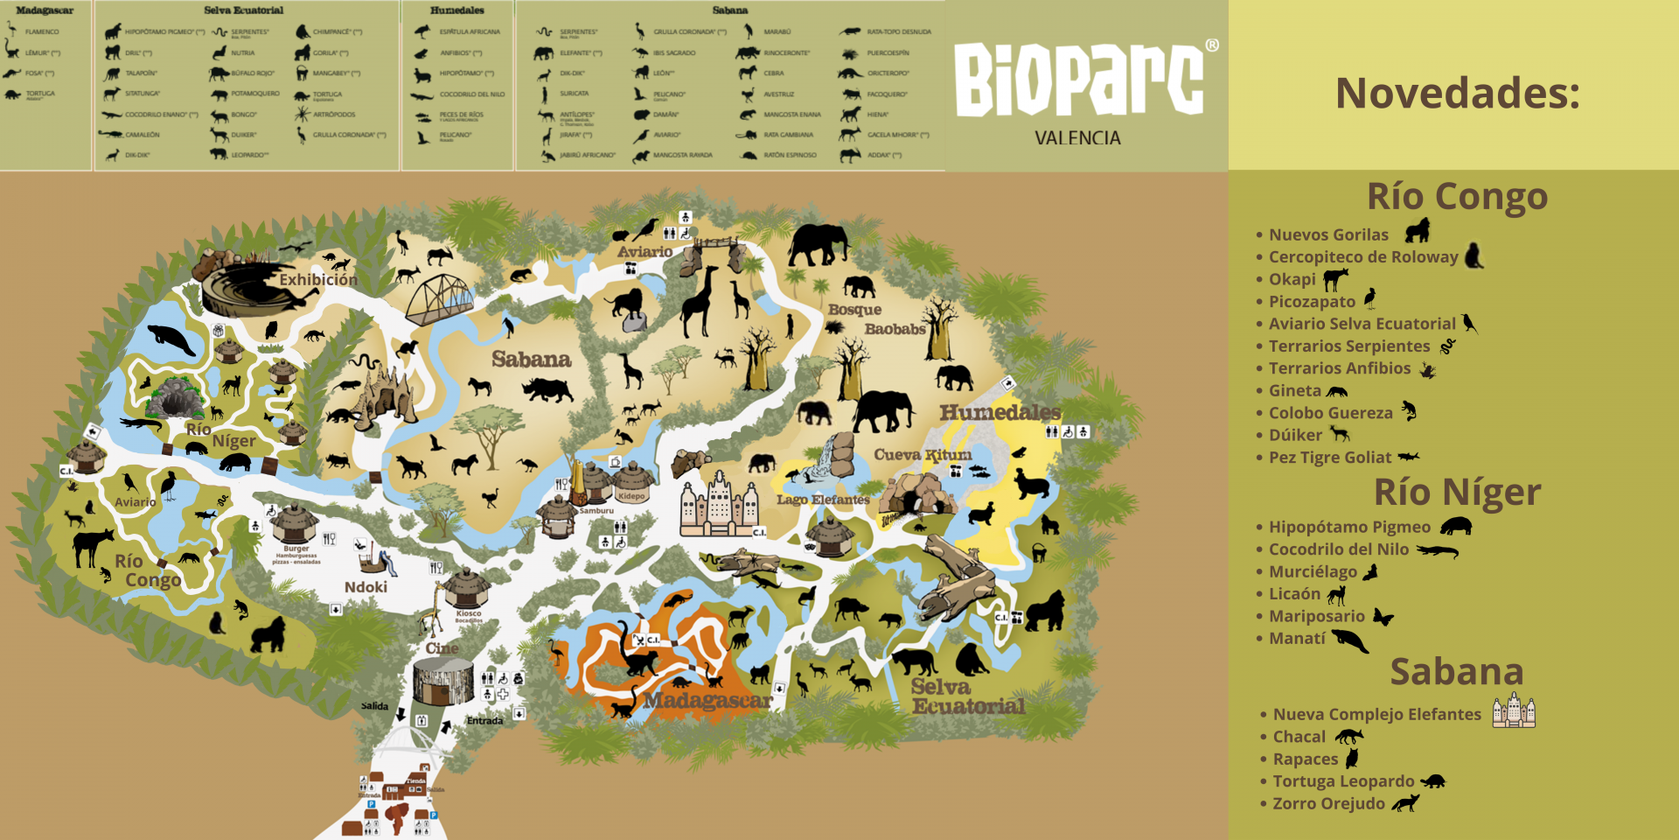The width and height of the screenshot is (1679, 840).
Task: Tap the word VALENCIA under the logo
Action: [x=1077, y=138]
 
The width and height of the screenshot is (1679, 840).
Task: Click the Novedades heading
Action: [x=1457, y=93]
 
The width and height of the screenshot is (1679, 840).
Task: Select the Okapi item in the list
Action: [x=1292, y=279]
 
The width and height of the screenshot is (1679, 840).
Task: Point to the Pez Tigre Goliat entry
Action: [x=1329, y=458]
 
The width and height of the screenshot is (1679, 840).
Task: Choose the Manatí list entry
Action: [x=1297, y=639]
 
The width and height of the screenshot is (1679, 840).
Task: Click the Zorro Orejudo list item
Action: [x=1328, y=803]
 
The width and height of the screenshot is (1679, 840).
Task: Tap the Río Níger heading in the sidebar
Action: [x=1457, y=492]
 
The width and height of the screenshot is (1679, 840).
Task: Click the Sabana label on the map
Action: [x=531, y=359]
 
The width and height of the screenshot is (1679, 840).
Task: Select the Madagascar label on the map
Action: [x=707, y=701]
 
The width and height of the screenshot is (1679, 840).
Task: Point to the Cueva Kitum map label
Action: [x=923, y=455]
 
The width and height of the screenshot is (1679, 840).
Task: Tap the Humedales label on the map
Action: [x=1000, y=412]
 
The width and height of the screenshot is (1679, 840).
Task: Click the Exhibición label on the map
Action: [x=318, y=280]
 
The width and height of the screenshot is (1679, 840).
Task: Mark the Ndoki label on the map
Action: [x=366, y=587]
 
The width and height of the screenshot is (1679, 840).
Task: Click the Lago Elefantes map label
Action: [x=823, y=500]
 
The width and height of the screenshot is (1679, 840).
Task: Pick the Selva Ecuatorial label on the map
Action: [x=966, y=696]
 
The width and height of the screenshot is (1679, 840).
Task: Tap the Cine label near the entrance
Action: [x=442, y=648]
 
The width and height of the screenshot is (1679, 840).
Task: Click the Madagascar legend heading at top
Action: [x=45, y=10]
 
